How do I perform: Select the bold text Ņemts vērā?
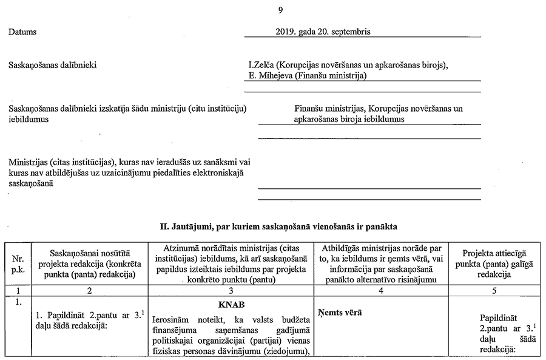pyautogui.click(x=340, y=312)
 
